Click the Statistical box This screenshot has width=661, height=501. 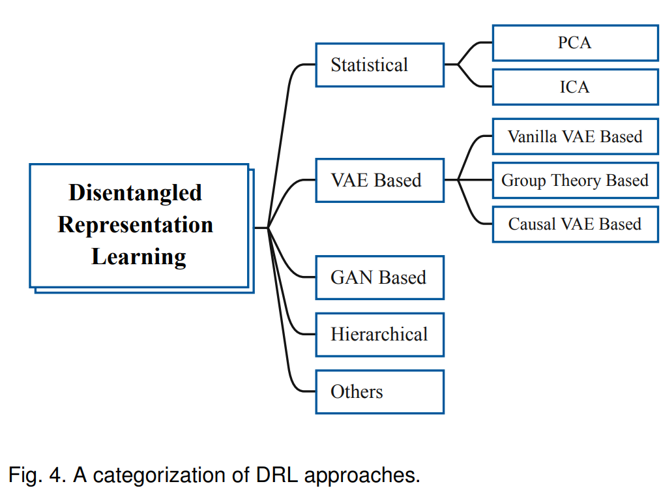pyautogui.click(x=380, y=65)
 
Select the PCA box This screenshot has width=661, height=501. pyautogui.click(x=576, y=43)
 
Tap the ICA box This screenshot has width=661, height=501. pyautogui.click(x=576, y=87)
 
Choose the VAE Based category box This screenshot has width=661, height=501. pyautogui.click(x=380, y=181)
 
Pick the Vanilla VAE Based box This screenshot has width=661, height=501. pyautogui.click(x=576, y=136)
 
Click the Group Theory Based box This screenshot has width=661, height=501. pyautogui.click(x=576, y=181)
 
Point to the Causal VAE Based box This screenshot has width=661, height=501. pyautogui.click(x=576, y=224)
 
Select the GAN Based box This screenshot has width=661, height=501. pyautogui.click(x=380, y=277)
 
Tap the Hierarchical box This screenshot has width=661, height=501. pyautogui.click(x=380, y=335)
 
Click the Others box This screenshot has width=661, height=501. pyautogui.click(x=380, y=392)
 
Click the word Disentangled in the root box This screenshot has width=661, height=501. pyautogui.click(x=136, y=193)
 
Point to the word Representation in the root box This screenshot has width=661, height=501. pyautogui.click(x=136, y=225)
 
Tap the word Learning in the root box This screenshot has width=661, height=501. pyautogui.click(x=139, y=257)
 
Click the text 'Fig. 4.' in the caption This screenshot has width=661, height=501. pyautogui.click(x=37, y=476)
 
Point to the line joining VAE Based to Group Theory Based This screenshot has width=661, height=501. pyautogui.click(x=469, y=180)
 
